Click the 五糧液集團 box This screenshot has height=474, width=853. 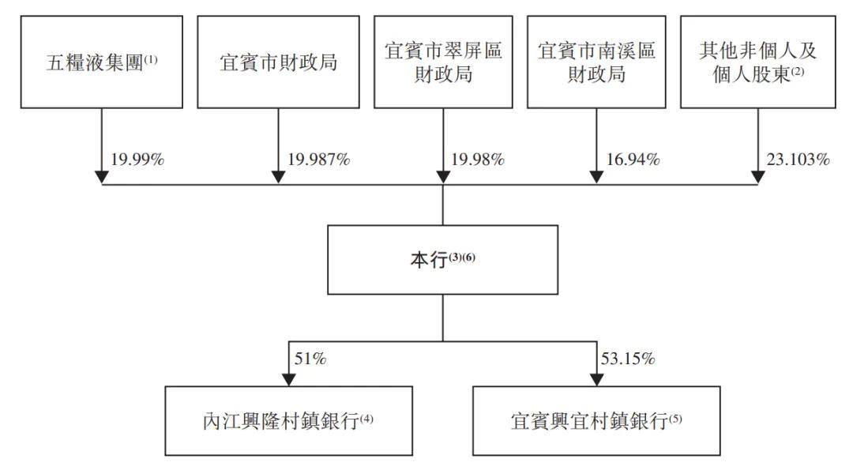102,62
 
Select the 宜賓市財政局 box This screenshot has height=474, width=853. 278,62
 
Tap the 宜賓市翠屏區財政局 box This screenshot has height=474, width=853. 443,62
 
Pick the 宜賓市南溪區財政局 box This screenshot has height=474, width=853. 596,62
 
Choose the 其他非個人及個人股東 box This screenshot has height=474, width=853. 757,62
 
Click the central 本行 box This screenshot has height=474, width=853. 443,260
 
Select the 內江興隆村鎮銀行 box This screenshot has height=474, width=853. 289,420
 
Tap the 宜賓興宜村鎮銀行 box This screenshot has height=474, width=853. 596,420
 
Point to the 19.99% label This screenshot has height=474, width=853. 137,160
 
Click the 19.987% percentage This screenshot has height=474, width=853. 319,160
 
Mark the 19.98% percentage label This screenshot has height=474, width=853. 478,160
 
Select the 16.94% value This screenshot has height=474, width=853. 633,160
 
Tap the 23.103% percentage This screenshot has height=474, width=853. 798,160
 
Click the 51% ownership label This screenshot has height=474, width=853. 310,359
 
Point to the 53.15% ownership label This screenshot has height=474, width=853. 628,359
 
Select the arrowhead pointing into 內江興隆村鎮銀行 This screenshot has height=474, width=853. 289,380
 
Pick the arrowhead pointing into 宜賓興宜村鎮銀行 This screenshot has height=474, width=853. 597,380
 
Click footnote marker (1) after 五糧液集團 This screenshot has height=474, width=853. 151,58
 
